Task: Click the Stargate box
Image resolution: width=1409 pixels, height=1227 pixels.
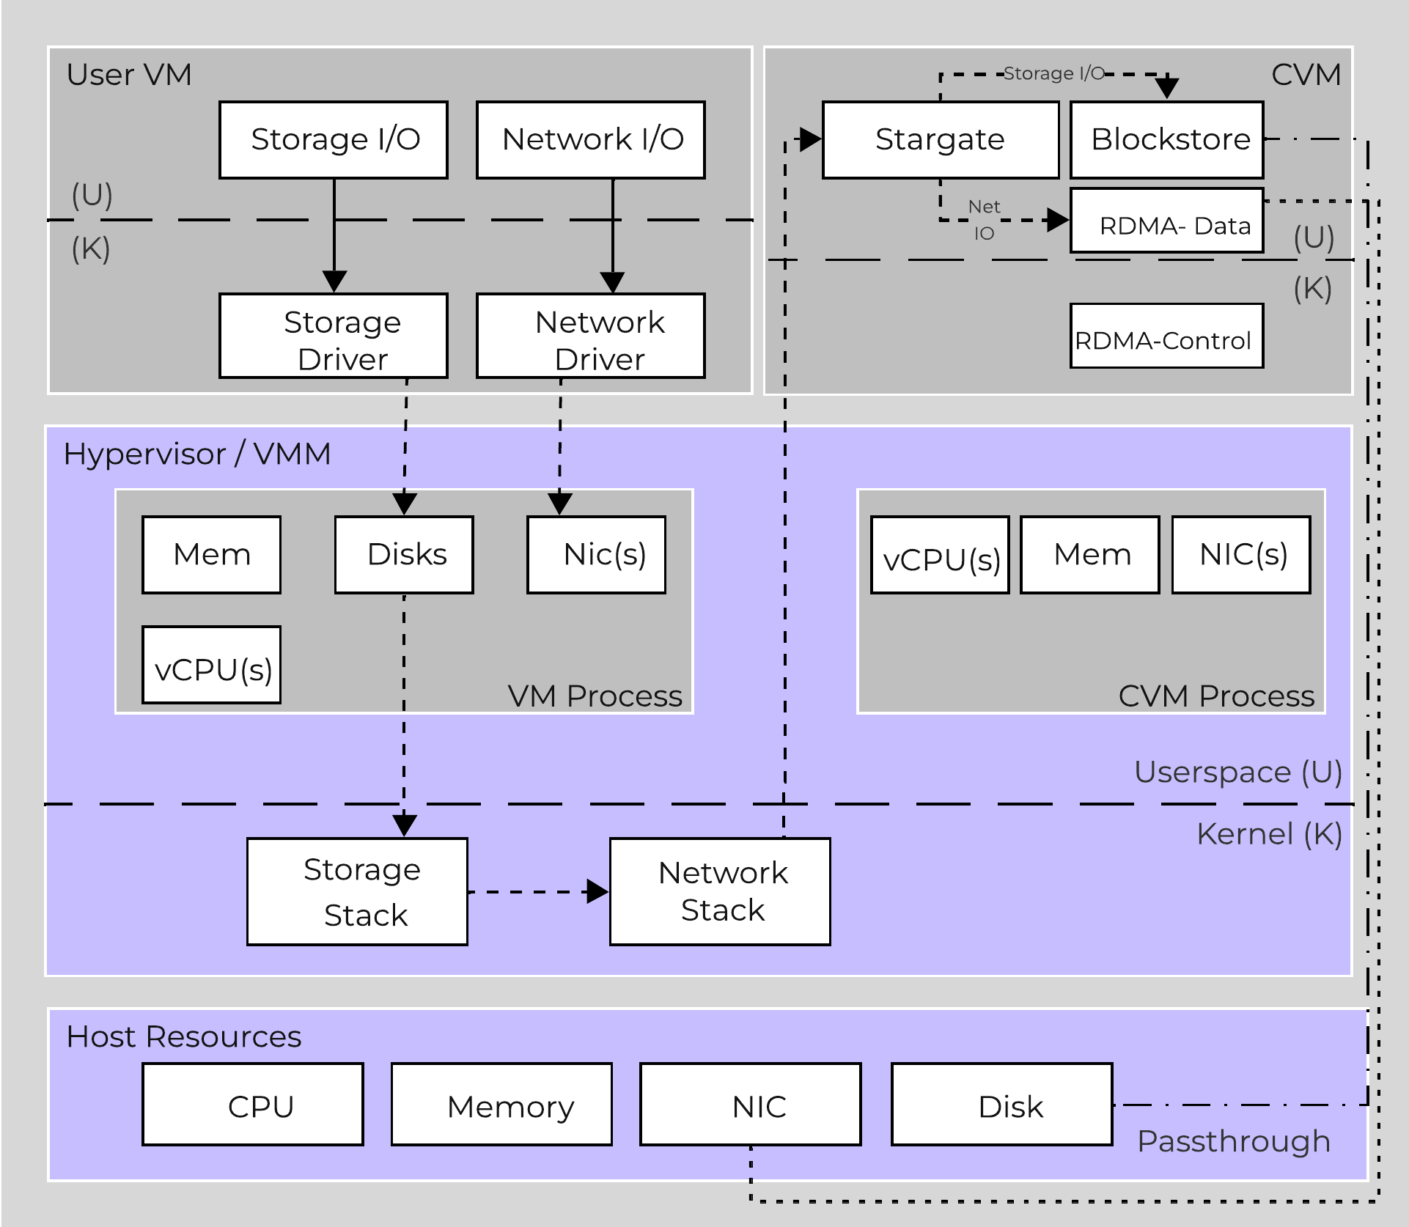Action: tap(940, 139)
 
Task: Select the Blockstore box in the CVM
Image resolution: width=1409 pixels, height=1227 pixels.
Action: tap(1166, 139)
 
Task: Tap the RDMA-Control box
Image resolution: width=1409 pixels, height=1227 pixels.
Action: tap(1166, 336)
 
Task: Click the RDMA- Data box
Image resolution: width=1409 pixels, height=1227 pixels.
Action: tap(1166, 221)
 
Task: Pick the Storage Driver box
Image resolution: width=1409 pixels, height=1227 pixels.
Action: tap(334, 336)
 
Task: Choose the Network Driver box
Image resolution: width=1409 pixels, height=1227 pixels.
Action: tap(590, 336)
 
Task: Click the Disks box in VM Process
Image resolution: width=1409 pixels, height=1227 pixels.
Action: tap(404, 555)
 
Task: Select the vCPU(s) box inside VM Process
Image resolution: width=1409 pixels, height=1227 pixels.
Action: tap(211, 665)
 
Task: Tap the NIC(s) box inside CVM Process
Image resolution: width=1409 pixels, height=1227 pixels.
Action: tap(1241, 555)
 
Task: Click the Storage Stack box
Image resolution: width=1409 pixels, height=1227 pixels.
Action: tap(357, 891)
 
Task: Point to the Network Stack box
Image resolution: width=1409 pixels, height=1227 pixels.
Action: tap(720, 891)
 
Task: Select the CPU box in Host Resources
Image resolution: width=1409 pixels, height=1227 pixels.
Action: tap(253, 1104)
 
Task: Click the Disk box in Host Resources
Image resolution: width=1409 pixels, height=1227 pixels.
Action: tap(1001, 1104)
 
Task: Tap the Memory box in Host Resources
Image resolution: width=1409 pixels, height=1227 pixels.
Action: tap(501, 1104)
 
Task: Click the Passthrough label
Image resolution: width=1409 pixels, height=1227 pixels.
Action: tap(1233, 1141)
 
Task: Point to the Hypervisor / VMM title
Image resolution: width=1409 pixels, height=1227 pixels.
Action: tap(196, 454)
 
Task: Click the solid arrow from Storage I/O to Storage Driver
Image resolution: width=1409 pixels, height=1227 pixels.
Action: tap(334, 235)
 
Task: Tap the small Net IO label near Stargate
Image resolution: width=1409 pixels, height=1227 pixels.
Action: tap(984, 220)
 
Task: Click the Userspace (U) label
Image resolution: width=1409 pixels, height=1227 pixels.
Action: tap(1237, 772)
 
